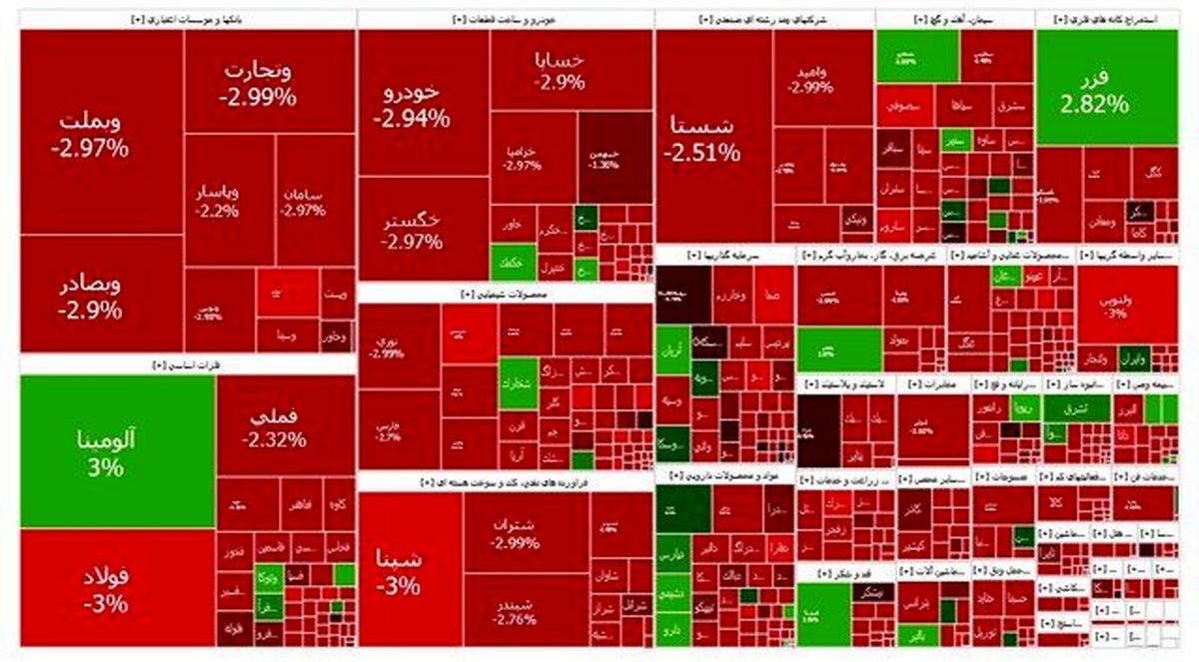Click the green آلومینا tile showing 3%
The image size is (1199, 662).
coord(117,451)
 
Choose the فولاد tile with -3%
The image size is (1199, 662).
coord(105,589)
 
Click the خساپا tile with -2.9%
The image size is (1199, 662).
coord(560,70)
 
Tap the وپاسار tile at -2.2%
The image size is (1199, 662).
coord(217,200)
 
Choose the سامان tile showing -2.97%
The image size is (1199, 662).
coord(301,200)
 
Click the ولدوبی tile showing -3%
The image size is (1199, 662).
coord(1115,303)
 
